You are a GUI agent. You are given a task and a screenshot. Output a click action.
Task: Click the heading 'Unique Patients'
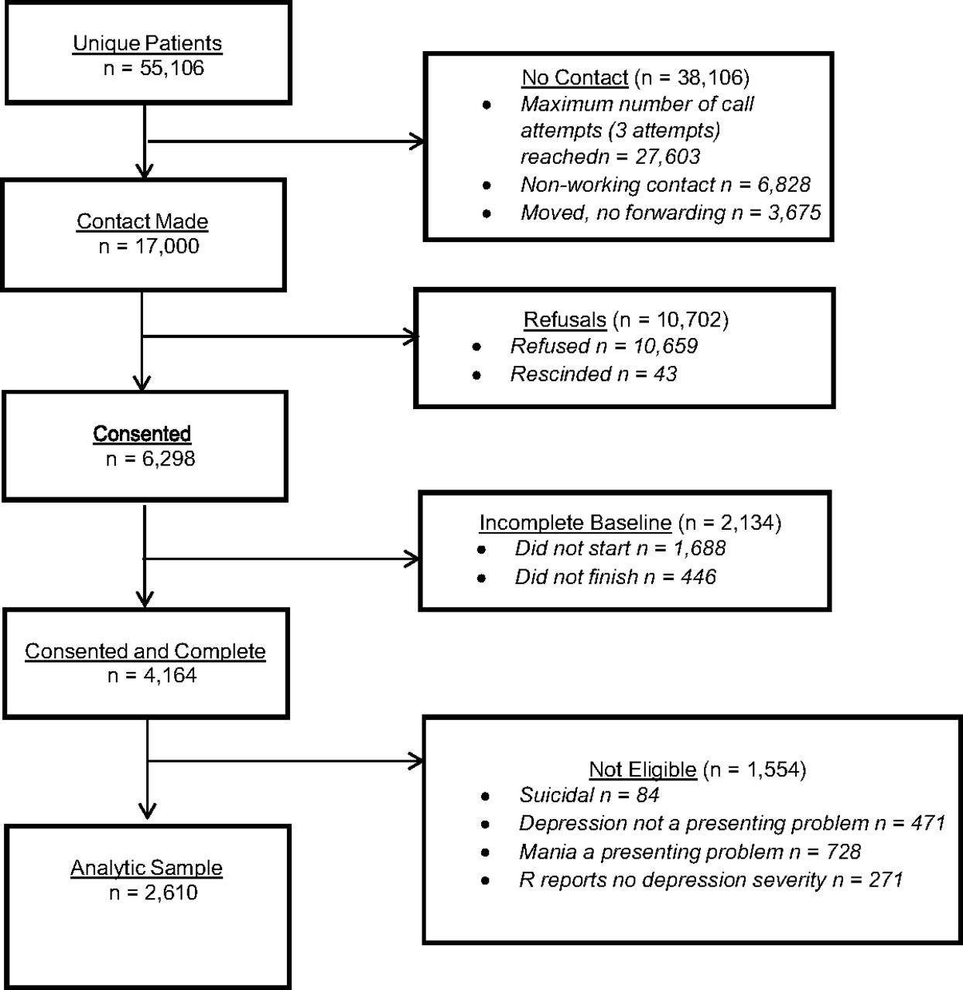pyautogui.click(x=148, y=43)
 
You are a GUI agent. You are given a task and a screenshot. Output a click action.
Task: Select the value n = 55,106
pyautogui.click(x=154, y=68)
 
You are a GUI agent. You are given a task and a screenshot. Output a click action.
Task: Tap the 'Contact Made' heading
pyautogui.click(x=142, y=222)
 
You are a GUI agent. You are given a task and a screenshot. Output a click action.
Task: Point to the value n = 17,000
pyautogui.click(x=149, y=246)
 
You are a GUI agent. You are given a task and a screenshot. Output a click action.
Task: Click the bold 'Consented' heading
pyautogui.click(x=142, y=434)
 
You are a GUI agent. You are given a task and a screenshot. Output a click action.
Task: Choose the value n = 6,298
pyautogui.click(x=151, y=459)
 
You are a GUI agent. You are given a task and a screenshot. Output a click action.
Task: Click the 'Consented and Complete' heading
pyautogui.click(x=145, y=651)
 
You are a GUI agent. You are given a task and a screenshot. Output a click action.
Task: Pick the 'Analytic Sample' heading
pyautogui.click(x=146, y=868)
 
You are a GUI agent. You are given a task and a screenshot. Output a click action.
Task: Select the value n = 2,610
pyautogui.click(x=153, y=893)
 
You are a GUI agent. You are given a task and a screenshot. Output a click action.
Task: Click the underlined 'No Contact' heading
pyautogui.click(x=575, y=78)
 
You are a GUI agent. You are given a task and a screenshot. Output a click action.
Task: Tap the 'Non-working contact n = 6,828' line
pyautogui.click(x=665, y=185)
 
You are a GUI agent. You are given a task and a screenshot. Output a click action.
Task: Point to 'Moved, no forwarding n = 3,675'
pyautogui.click(x=671, y=213)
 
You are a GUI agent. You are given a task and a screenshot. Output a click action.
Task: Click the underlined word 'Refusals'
pyautogui.click(x=565, y=320)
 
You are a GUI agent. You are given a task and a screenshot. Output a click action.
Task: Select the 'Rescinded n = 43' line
pyautogui.click(x=594, y=374)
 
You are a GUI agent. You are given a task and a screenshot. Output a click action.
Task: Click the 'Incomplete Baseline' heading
pyautogui.click(x=575, y=523)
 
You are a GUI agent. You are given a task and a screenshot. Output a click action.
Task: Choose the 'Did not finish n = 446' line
pyautogui.click(x=616, y=577)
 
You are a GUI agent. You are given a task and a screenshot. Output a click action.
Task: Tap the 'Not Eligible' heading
pyautogui.click(x=643, y=770)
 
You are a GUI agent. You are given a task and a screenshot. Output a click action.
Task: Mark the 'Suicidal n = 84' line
pyautogui.click(x=589, y=795)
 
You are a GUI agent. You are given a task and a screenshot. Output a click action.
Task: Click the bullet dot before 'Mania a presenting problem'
pyautogui.click(x=485, y=852)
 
